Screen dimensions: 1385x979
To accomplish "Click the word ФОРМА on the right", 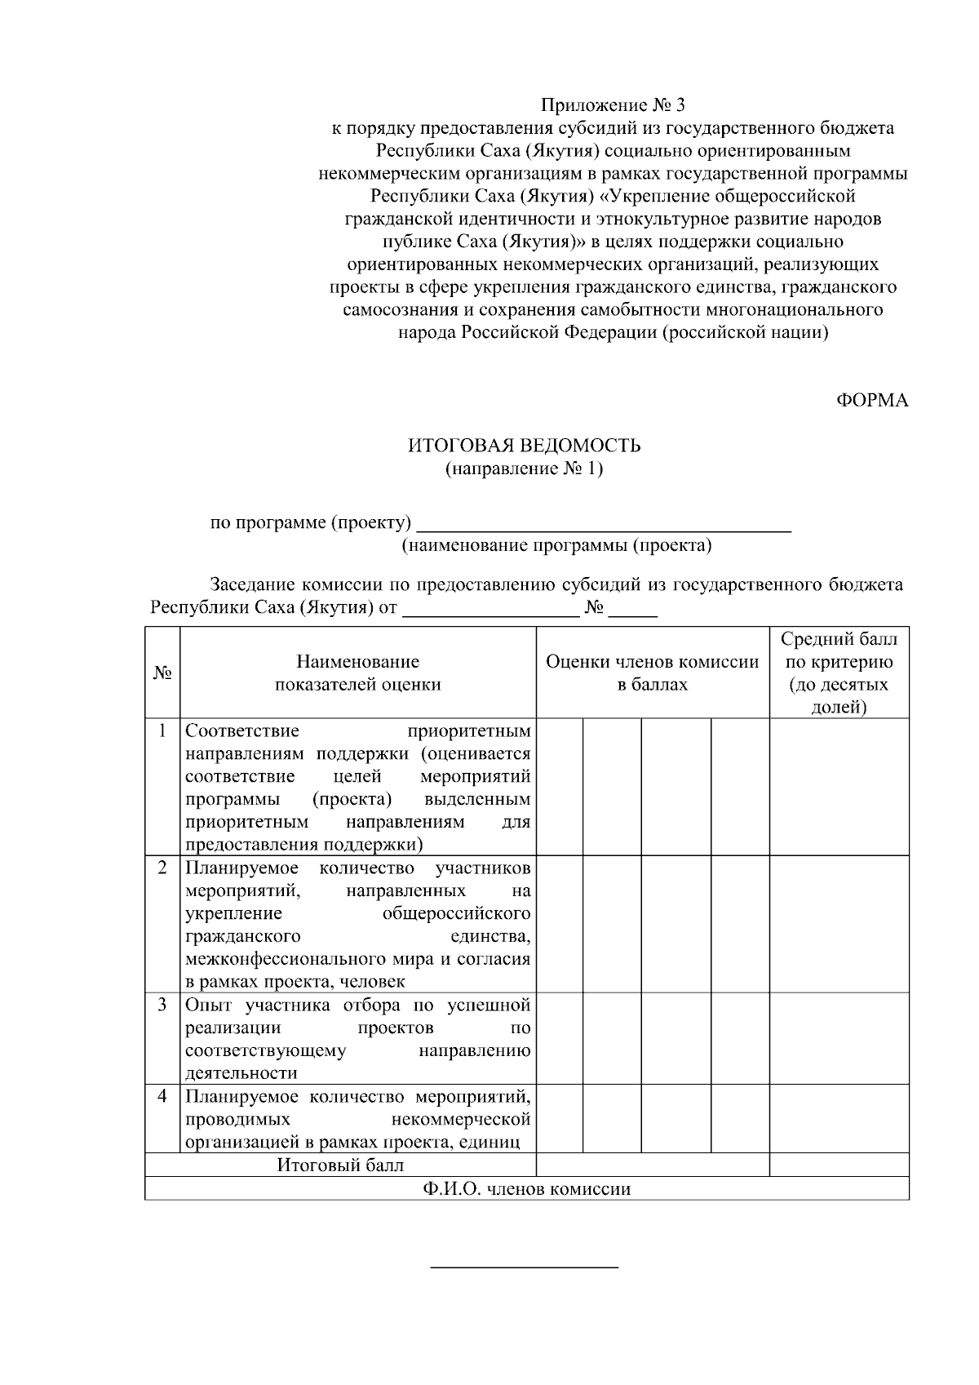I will click(x=872, y=400).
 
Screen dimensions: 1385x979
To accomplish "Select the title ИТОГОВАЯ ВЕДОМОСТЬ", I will click(x=525, y=446).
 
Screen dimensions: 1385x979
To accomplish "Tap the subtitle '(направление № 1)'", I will click(x=525, y=468).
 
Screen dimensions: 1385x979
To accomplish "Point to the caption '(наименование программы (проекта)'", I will click(x=556, y=545).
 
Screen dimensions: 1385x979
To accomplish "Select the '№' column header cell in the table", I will click(x=162, y=673).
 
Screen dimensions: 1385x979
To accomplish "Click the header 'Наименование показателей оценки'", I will click(x=357, y=673).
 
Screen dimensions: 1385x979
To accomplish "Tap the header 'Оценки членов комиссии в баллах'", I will click(x=652, y=673).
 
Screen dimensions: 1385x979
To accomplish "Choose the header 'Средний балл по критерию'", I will click(x=839, y=673).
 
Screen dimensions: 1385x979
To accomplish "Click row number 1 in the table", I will click(x=162, y=730).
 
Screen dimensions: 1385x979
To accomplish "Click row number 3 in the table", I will click(x=162, y=1004).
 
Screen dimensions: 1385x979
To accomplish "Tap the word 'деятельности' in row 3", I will click(x=241, y=1072).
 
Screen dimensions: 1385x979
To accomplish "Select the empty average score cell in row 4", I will click(x=839, y=1118).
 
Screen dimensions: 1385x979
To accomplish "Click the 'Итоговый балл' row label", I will click(x=340, y=1165).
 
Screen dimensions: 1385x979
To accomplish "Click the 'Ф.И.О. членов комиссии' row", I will click(x=526, y=1188).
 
